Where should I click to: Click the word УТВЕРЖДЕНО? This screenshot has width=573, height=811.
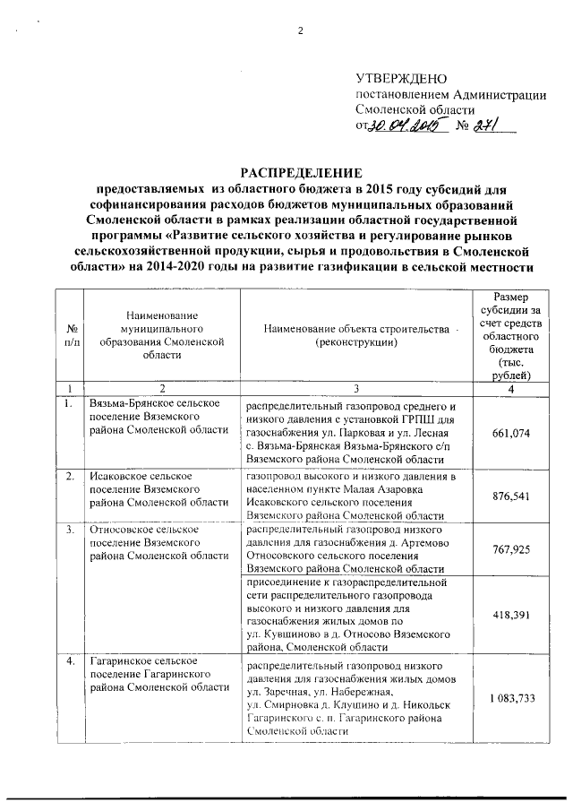coord(401,81)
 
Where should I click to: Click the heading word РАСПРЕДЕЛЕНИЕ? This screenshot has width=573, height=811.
coord(300,173)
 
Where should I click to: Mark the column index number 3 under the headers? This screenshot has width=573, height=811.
coord(355,388)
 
